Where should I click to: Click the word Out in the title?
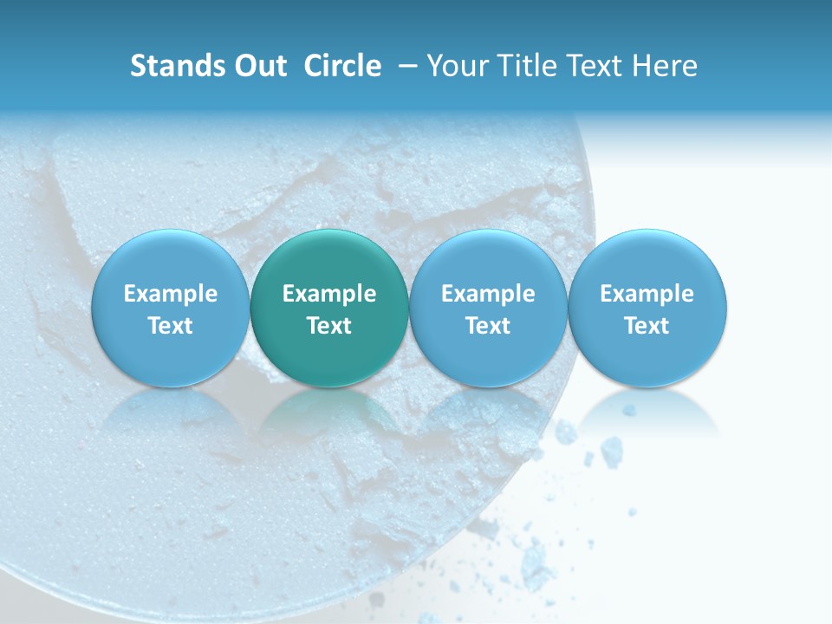coord(260,66)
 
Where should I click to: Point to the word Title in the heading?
coord(529,66)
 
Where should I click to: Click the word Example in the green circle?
coord(329,294)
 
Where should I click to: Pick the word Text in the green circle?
coord(329,326)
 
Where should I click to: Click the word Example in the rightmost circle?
coord(647,294)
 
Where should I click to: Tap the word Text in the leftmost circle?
coord(171,326)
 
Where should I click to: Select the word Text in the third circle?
coord(488,326)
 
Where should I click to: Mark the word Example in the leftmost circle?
coord(171,294)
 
